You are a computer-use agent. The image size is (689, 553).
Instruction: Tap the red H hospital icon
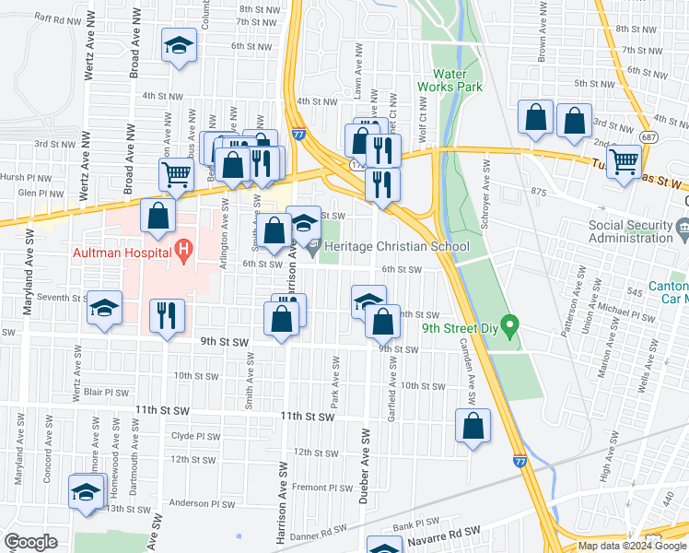click(183, 248)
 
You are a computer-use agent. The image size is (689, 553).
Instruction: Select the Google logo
click(31, 542)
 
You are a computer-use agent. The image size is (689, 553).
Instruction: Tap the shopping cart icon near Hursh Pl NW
click(175, 172)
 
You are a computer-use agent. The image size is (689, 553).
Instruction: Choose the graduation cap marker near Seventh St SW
click(105, 308)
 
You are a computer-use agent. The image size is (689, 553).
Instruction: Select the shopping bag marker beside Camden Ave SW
click(473, 426)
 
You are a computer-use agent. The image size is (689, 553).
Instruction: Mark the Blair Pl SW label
click(106, 392)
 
